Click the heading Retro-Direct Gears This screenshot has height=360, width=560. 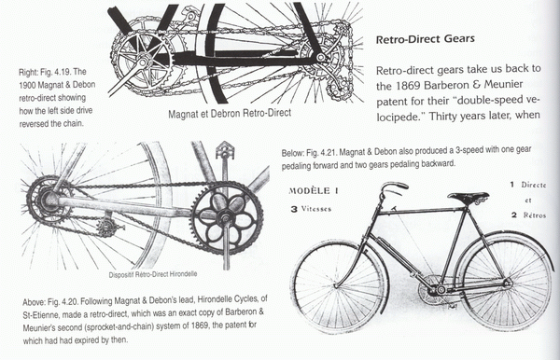426,38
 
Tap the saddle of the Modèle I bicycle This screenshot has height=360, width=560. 469,196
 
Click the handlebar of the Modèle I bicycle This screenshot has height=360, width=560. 392,188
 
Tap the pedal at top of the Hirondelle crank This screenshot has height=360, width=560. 224,149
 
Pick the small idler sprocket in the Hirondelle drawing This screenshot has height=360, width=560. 105,228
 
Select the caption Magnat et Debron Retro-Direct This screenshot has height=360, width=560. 230,114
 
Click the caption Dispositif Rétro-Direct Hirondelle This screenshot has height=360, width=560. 152,274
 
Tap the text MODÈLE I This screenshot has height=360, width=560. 314,190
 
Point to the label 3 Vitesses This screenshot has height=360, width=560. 311,209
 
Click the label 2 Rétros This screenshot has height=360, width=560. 528,215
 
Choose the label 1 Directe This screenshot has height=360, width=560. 528,185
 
